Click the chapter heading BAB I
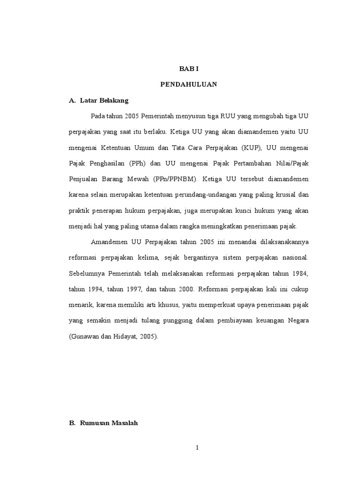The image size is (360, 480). click(x=189, y=68)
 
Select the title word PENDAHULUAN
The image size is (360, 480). click(x=189, y=84)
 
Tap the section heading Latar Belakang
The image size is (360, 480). click(x=104, y=100)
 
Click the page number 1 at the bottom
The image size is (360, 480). click(x=198, y=448)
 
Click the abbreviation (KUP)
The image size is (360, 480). click(x=253, y=148)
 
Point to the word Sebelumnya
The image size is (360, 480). click(x=86, y=273)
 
